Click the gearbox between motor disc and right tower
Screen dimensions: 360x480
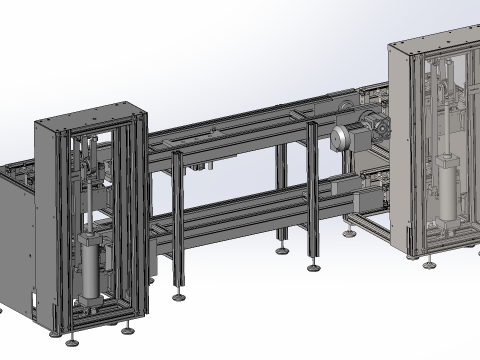click(377, 127)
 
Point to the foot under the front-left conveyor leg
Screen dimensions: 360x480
click(178, 296)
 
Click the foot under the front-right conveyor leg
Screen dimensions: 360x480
click(314, 266)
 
